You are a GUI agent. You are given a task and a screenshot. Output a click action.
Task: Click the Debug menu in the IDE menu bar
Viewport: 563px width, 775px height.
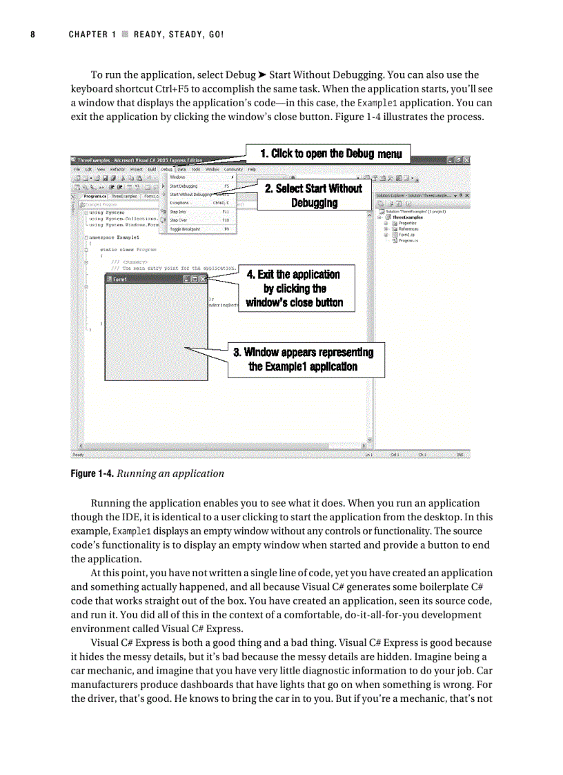click(x=167, y=169)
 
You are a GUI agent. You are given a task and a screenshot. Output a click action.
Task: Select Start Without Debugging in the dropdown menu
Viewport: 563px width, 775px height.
click(x=190, y=195)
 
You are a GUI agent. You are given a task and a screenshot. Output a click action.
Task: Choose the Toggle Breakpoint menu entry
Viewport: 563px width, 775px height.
click(x=185, y=228)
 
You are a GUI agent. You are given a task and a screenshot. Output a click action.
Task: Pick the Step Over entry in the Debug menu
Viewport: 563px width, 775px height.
click(x=179, y=220)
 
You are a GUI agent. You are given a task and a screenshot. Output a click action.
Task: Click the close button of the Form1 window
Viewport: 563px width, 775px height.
click(x=202, y=279)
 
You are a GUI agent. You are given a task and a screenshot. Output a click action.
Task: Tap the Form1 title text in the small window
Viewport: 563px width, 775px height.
click(x=120, y=279)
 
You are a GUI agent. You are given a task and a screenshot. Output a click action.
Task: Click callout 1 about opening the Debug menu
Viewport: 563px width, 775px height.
click(x=330, y=153)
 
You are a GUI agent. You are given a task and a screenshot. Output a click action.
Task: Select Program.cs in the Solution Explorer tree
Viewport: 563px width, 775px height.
click(x=406, y=240)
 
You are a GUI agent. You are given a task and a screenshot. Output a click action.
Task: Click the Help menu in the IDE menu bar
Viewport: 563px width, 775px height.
click(x=252, y=169)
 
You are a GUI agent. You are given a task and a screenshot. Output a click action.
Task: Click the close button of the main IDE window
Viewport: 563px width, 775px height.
click(x=466, y=159)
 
